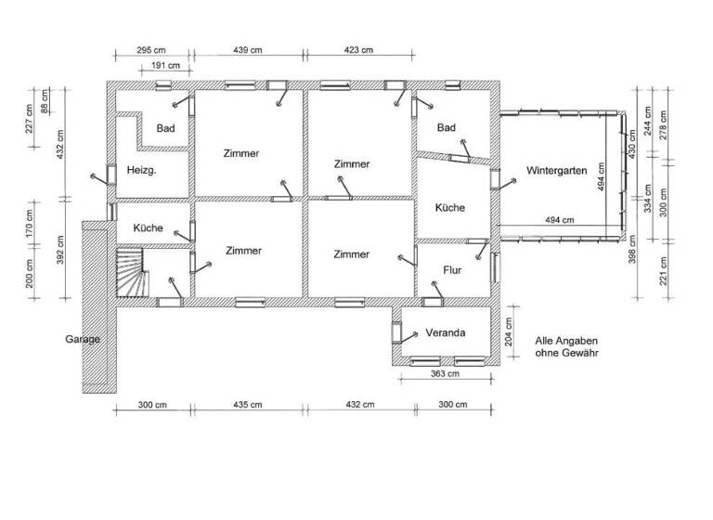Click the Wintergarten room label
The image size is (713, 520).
(x=556, y=171)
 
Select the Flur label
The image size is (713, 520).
(x=452, y=271)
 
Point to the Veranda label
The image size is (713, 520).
(x=445, y=332)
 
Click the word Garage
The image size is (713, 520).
(x=82, y=339)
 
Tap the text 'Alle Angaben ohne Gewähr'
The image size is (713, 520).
(x=567, y=347)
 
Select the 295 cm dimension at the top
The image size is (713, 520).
(x=152, y=50)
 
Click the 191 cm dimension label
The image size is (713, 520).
(x=167, y=66)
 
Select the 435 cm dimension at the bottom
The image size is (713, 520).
(x=247, y=405)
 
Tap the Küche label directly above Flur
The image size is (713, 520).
(x=450, y=208)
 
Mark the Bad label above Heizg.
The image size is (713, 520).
(x=166, y=128)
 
